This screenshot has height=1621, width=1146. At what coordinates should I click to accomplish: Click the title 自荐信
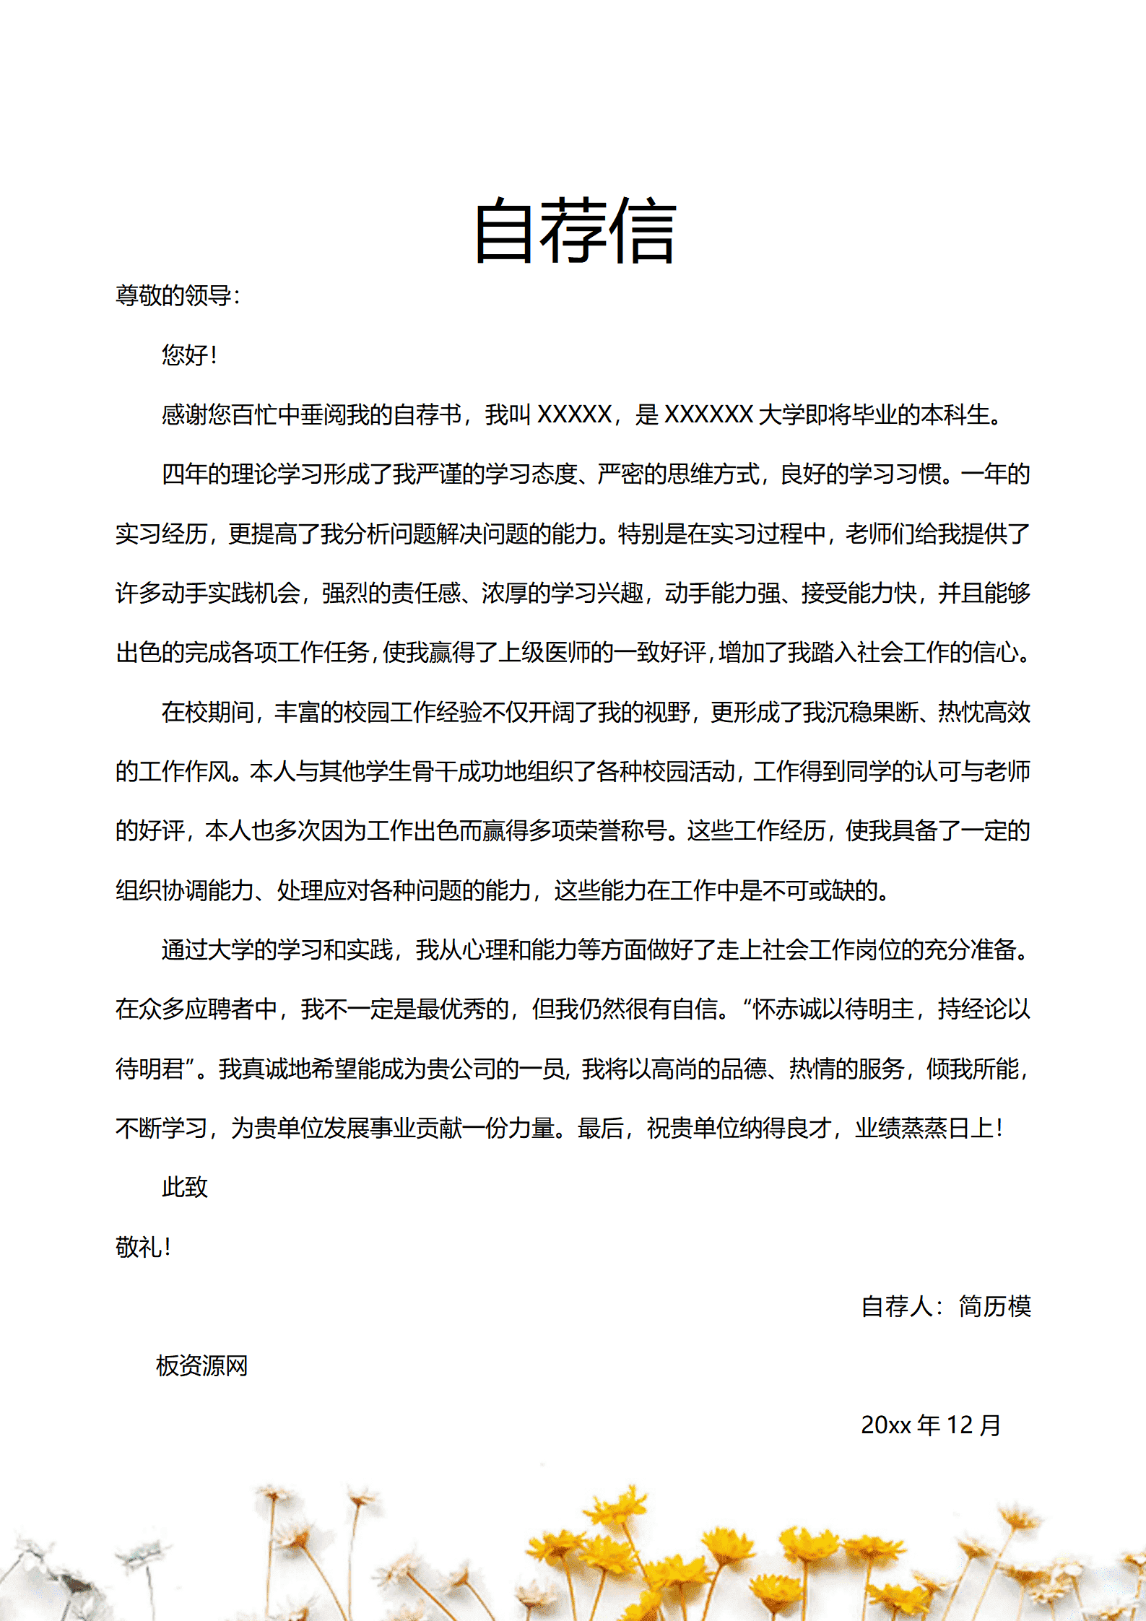pos(575,231)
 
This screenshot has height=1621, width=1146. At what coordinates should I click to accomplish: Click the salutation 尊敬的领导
pos(173,295)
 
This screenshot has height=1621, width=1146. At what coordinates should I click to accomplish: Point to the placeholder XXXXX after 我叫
pos(575,414)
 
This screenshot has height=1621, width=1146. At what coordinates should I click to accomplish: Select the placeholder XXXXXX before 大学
pos(708,414)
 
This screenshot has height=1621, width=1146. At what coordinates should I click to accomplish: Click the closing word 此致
pos(185,1187)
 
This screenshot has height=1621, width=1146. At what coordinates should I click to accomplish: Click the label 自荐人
pos(897,1306)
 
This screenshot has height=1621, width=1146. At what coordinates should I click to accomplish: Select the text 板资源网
pos(202,1365)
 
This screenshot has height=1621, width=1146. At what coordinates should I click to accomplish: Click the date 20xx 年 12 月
pos(931,1425)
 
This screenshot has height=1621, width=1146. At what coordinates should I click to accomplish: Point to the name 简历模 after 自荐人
pos(994,1306)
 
